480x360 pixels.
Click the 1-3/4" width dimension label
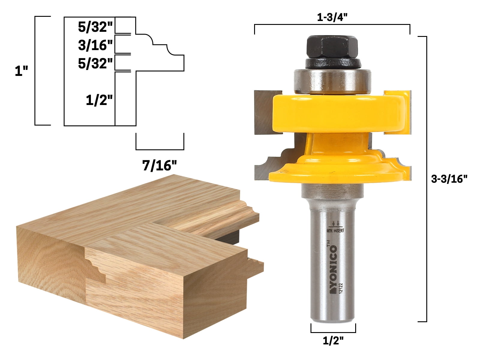(x=332, y=17)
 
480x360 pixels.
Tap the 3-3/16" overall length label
(x=449, y=179)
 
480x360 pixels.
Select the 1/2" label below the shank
(x=333, y=341)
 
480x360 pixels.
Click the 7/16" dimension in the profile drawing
(x=160, y=165)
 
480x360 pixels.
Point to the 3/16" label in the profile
(x=95, y=45)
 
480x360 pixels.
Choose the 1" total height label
(x=21, y=71)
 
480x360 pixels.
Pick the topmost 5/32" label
(x=95, y=27)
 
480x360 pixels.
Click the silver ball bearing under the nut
(x=332, y=80)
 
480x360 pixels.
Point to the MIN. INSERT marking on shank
(x=335, y=230)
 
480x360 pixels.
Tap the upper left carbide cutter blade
(x=263, y=112)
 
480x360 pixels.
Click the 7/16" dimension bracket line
(x=160, y=149)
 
